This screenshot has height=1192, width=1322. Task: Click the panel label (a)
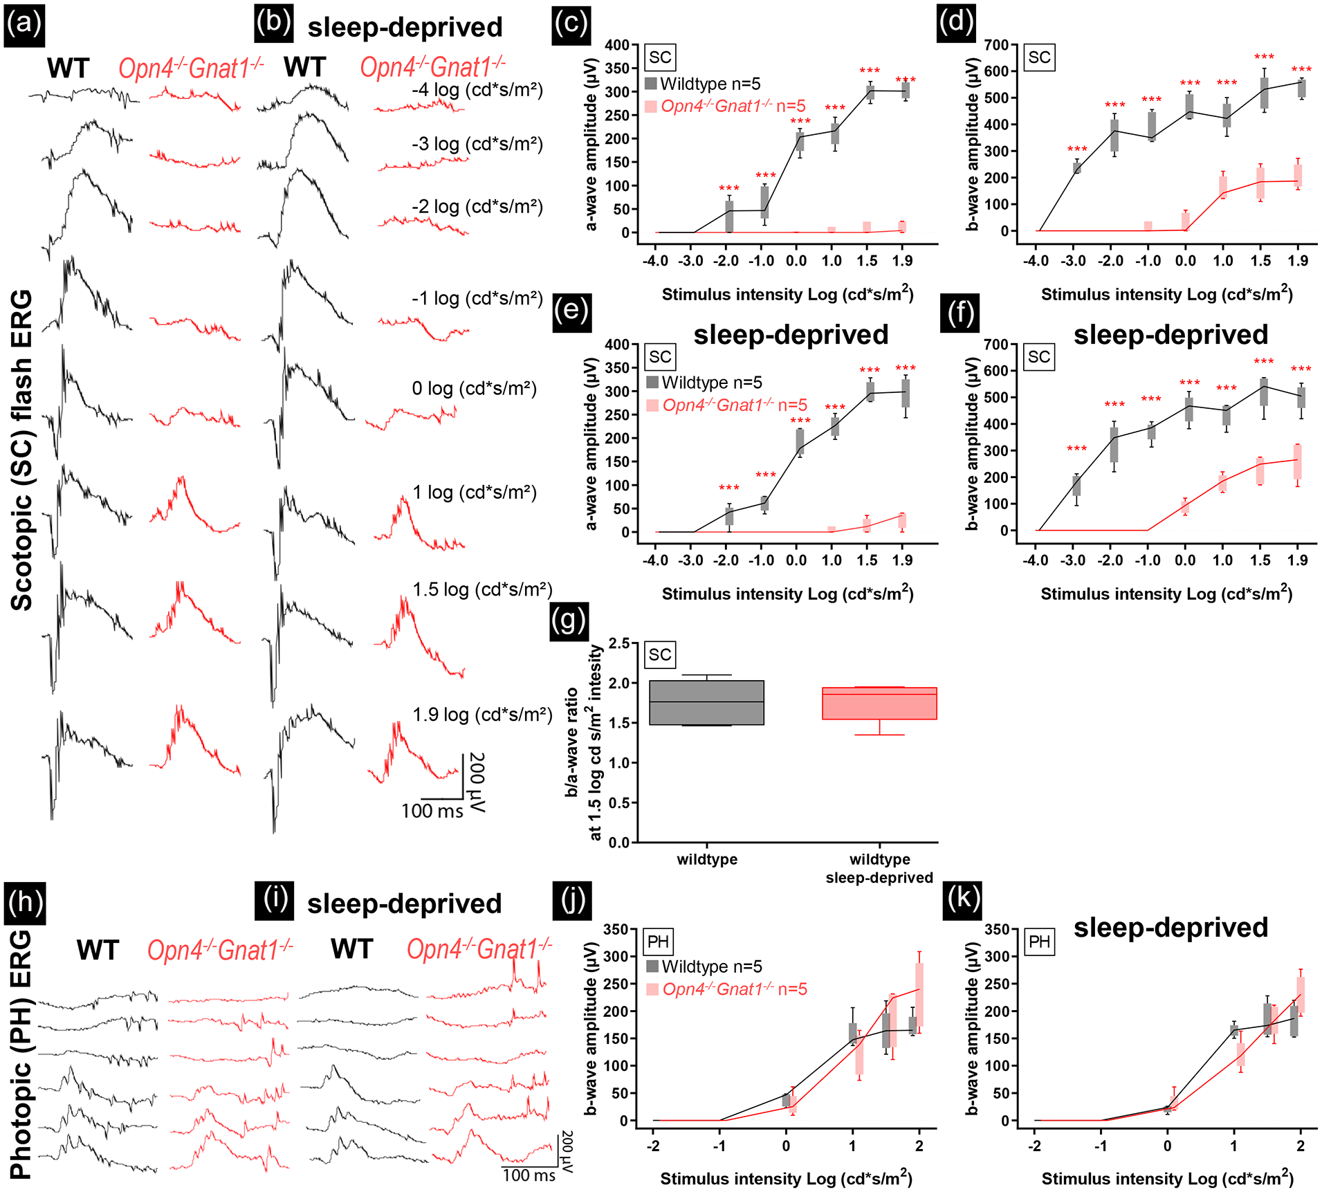click(24, 25)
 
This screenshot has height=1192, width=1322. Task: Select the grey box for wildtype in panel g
click(706, 703)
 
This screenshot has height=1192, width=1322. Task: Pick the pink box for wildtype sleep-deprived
click(879, 704)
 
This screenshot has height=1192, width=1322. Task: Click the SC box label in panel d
click(1039, 57)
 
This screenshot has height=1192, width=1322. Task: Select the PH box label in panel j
click(658, 942)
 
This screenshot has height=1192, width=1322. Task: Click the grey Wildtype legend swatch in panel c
click(650, 84)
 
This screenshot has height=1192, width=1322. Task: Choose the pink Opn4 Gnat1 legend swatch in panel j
click(652, 989)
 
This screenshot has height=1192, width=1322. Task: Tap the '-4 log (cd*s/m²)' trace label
click(477, 90)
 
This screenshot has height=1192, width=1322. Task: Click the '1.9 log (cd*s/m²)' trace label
click(482, 715)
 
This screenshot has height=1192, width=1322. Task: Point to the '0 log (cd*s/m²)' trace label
click(474, 389)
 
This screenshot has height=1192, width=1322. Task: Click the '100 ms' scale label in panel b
click(432, 811)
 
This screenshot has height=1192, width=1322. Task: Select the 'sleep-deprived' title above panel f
click(1170, 335)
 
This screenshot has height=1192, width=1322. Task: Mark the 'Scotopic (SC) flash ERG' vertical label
click(21, 450)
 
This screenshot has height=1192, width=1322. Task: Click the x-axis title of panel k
click(1167, 1177)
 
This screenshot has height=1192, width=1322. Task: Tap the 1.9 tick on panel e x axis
click(902, 560)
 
